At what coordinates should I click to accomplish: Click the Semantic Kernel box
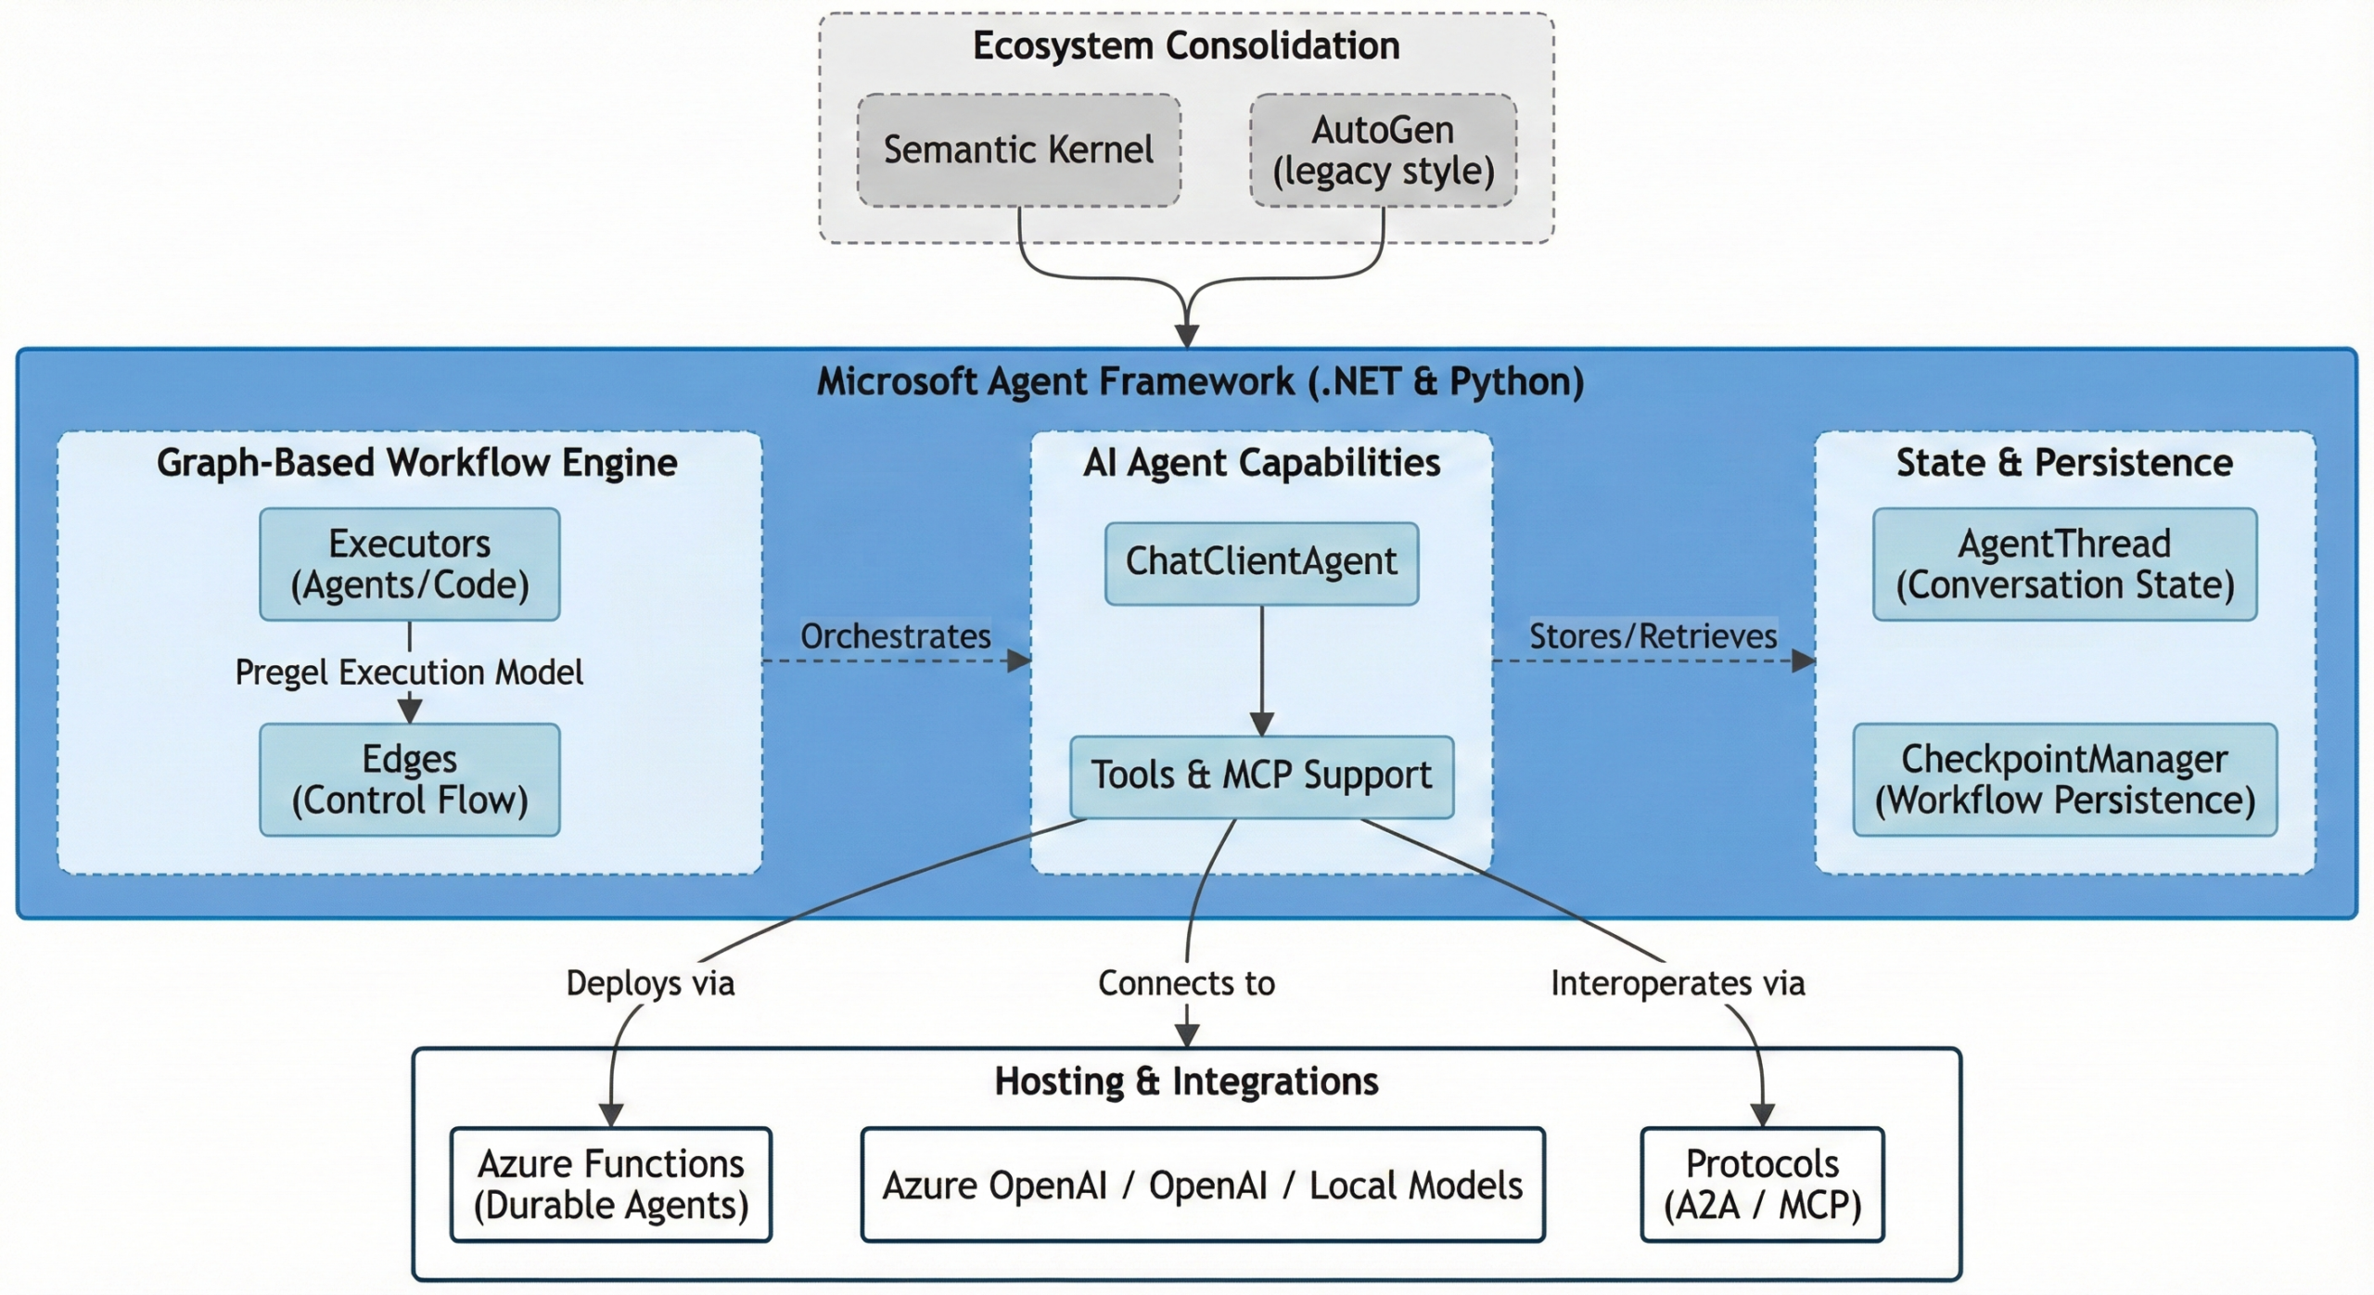pyautogui.click(x=1018, y=149)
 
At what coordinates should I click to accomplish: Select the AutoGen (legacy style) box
pyautogui.click(x=1383, y=149)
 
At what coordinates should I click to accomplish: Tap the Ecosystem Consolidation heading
pyautogui.click(x=1186, y=46)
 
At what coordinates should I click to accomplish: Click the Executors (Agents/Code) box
pyautogui.click(x=409, y=564)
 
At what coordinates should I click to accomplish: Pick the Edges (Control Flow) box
pyautogui.click(x=409, y=779)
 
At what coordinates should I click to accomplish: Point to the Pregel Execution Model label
pyautogui.click(x=409, y=673)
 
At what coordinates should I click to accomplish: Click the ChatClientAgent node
pyautogui.click(x=1261, y=563)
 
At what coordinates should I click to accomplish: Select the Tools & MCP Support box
pyautogui.click(x=1261, y=776)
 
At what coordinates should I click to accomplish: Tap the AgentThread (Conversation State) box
pyautogui.click(x=2064, y=564)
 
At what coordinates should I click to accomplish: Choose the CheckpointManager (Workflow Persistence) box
pyautogui.click(x=2064, y=779)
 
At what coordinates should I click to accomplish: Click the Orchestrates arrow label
pyautogui.click(x=895, y=636)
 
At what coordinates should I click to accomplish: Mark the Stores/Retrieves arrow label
pyautogui.click(x=1653, y=636)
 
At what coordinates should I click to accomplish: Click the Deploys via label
pyautogui.click(x=650, y=983)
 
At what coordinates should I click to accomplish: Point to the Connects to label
pyautogui.click(x=1186, y=983)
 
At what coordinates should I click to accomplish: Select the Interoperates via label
pyautogui.click(x=1678, y=983)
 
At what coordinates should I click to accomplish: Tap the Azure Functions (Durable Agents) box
pyautogui.click(x=610, y=1185)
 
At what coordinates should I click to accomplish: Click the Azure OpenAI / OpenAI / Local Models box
pyautogui.click(x=1202, y=1185)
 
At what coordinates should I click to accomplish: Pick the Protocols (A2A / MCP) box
pyautogui.click(x=1762, y=1185)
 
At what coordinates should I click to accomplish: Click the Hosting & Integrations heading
pyautogui.click(x=1186, y=1082)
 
